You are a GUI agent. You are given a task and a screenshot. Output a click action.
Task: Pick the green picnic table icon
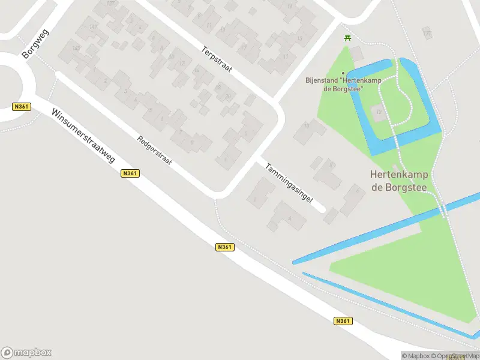348,38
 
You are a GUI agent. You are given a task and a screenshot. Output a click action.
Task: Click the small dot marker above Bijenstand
343,74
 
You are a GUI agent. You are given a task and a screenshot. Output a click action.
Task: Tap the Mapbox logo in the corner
26,353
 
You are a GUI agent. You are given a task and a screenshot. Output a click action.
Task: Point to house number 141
93,26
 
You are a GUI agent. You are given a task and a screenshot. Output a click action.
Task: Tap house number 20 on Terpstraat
228,96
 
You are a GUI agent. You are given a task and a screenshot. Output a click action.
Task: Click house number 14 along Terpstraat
196,71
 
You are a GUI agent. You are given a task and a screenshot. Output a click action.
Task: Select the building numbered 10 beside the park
306,126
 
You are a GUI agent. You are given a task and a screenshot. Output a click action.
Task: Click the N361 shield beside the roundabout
22,107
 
